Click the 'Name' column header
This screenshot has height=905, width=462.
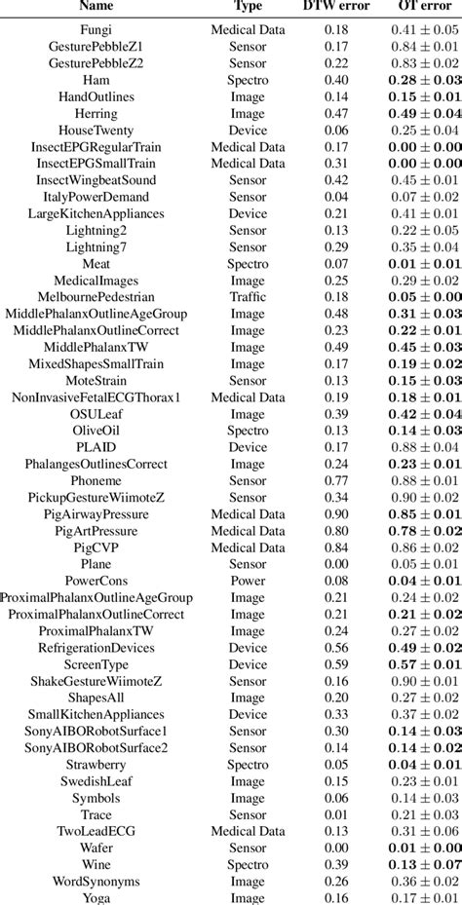[96, 6]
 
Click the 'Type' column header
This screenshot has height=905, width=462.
[248, 6]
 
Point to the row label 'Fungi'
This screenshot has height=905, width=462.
[96, 30]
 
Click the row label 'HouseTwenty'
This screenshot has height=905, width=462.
[96, 130]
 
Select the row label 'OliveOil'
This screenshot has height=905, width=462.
[96, 431]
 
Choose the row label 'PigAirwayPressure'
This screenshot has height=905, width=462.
[96, 513]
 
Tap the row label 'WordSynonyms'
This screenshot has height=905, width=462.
[96, 882]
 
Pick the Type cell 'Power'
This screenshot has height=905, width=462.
[248, 581]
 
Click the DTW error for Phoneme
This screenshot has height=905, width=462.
[338, 480]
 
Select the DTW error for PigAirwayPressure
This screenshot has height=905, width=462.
[338, 513]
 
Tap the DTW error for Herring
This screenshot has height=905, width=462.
[338, 113]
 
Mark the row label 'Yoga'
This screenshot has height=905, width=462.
[96, 898]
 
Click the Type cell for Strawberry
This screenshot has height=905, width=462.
[248, 765]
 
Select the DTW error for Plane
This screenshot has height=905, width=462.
[338, 564]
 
